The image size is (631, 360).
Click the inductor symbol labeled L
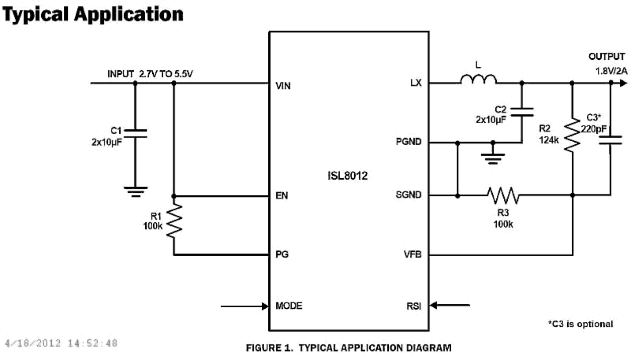[x=478, y=79]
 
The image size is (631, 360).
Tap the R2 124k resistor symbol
[x=572, y=133]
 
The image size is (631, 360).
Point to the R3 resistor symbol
[x=503, y=195]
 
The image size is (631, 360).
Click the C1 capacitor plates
[x=135, y=133]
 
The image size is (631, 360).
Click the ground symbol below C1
[x=135, y=191]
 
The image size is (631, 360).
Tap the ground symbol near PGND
[x=492, y=158]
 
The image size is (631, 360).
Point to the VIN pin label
[x=283, y=86]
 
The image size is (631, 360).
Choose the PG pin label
[x=281, y=255]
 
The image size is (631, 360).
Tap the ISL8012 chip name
[x=348, y=176]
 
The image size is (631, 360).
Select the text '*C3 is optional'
[x=580, y=324]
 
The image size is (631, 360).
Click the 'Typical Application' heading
[x=93, y=14]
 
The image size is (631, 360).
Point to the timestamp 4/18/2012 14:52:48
[x=61, y=343]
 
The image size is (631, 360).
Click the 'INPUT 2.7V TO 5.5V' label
[x=151, y=74]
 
